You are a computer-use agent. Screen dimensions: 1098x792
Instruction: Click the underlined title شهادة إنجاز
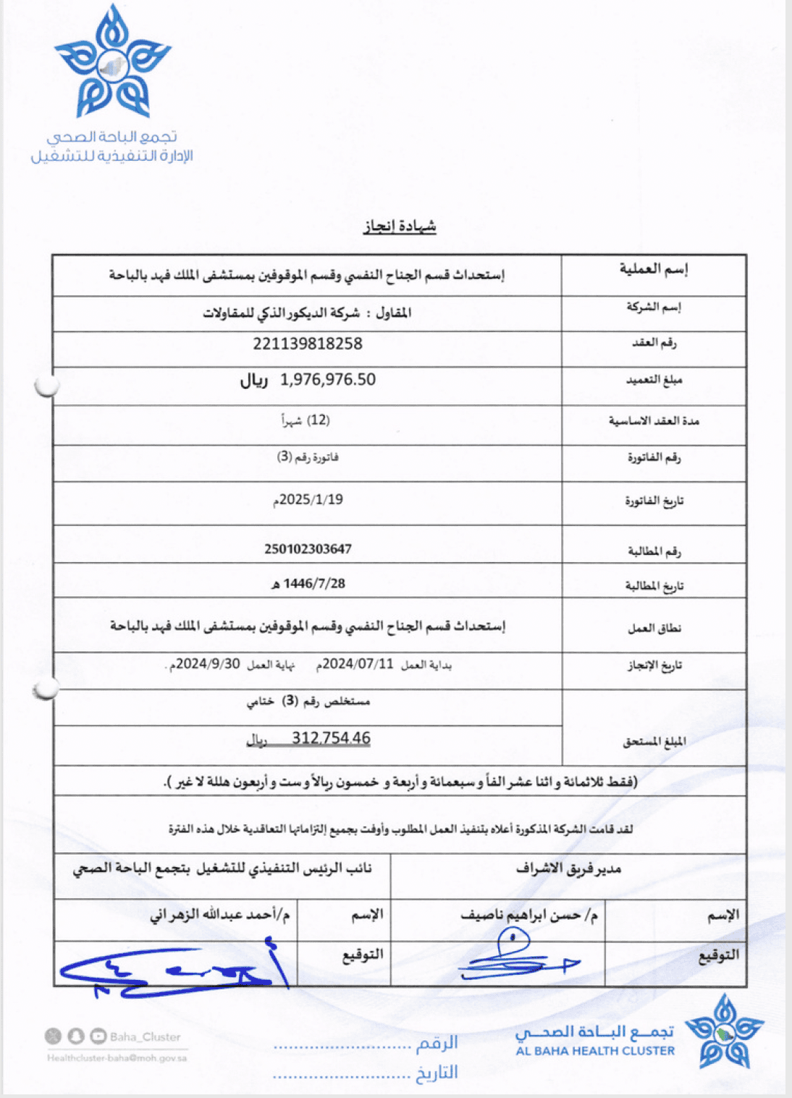coord(400,227)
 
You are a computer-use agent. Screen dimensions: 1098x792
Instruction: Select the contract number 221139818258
coord(308,344)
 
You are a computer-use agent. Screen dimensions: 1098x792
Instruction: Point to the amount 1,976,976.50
coord(328,380)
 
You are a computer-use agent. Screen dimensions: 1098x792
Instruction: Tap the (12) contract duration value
coord(318,420)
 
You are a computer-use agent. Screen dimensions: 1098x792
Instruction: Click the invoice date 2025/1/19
coord(311,500)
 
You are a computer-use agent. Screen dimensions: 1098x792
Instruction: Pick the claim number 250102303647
coord(308,549)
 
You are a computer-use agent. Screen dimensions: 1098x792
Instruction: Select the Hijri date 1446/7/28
coord(313,584)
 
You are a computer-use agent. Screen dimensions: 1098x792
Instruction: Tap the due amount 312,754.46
coord(331,738)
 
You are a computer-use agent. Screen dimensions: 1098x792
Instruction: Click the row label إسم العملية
coord(654,269)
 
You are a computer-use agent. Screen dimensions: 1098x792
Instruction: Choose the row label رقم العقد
coord(654,343)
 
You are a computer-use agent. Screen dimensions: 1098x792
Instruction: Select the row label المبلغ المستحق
coord(654,742)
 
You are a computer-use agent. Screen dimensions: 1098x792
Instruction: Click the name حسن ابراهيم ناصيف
coord(524,915)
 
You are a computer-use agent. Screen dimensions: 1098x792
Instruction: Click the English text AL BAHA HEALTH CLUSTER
coord(595,1051)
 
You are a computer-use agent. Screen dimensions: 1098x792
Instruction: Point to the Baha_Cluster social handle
coord(145,1037)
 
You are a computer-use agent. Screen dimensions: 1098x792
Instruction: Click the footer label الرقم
coord(437,1043)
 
